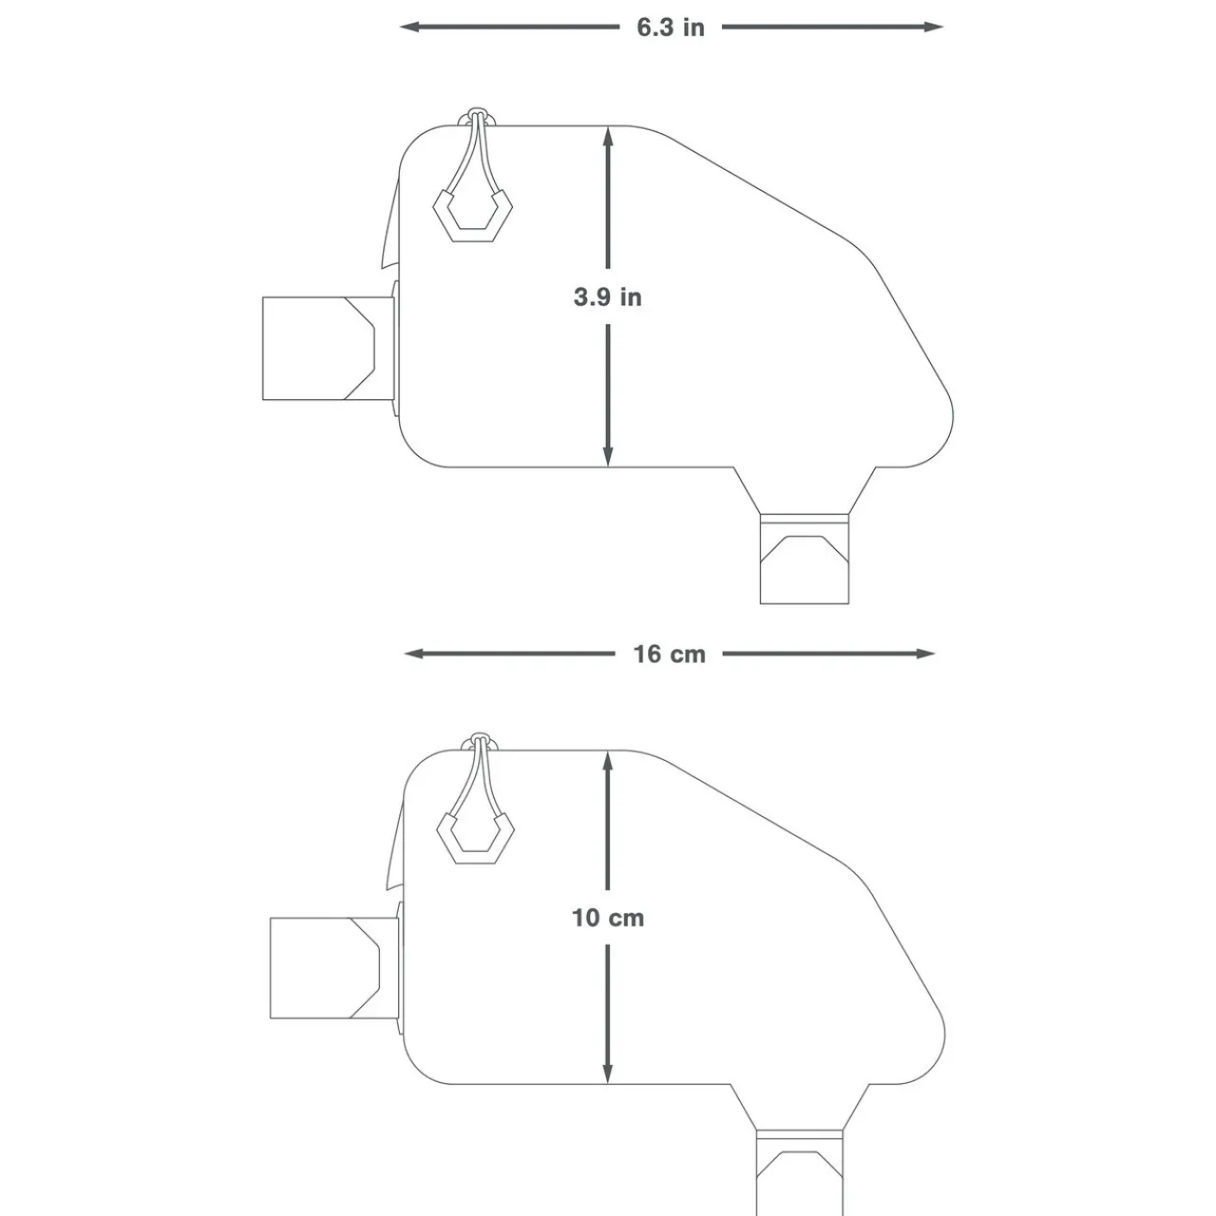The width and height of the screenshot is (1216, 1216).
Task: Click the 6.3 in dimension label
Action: (x=671, y=27)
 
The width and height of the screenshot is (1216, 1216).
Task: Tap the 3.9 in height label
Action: (x=607, y=297)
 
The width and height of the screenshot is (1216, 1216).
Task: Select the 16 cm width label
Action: (x=670, y=654)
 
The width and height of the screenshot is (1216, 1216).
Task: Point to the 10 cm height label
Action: (x=607, y=918)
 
